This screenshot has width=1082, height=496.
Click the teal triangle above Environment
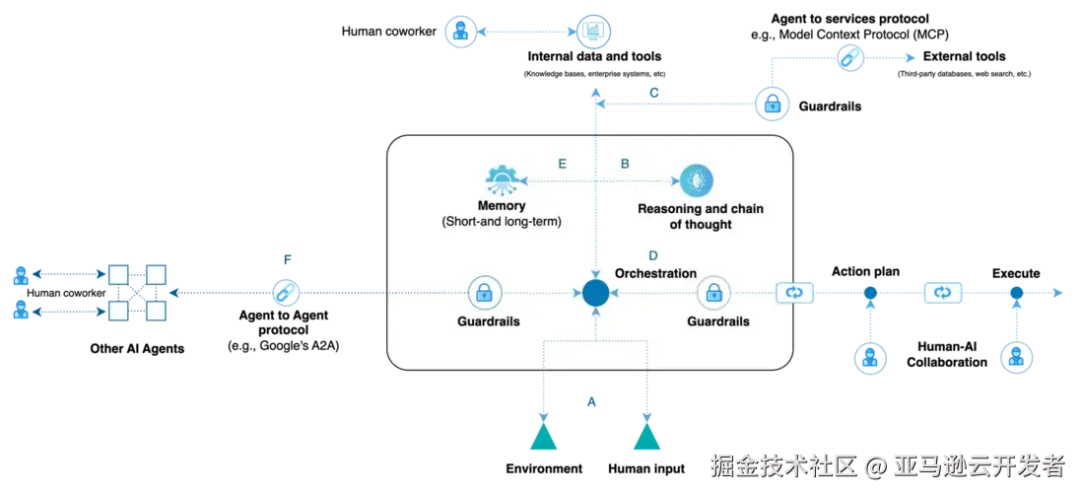click(543, 436)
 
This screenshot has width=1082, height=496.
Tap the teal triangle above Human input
click(647, 436)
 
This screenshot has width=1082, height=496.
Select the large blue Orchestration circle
click(595, 294)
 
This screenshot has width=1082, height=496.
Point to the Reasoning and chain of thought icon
click(697, 181)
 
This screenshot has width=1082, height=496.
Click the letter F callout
click(288, 260)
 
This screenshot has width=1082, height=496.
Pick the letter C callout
click(654, 93)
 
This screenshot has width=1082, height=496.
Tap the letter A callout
click(590, 401)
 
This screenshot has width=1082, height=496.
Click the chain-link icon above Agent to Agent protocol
click(283, 294)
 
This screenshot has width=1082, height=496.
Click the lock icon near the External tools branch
click(773, 105)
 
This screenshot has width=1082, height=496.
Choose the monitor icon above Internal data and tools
click(593, 32)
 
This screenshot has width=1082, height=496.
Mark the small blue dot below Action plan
click(870, 294)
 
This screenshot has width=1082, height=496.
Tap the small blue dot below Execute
click(1016, 294)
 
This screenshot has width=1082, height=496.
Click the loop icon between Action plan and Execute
click(943, 294)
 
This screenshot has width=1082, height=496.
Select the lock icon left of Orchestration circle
click(485, 294)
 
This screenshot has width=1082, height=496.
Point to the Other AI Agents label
click(137, 349)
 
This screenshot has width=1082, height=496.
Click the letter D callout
click(653, 255)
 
